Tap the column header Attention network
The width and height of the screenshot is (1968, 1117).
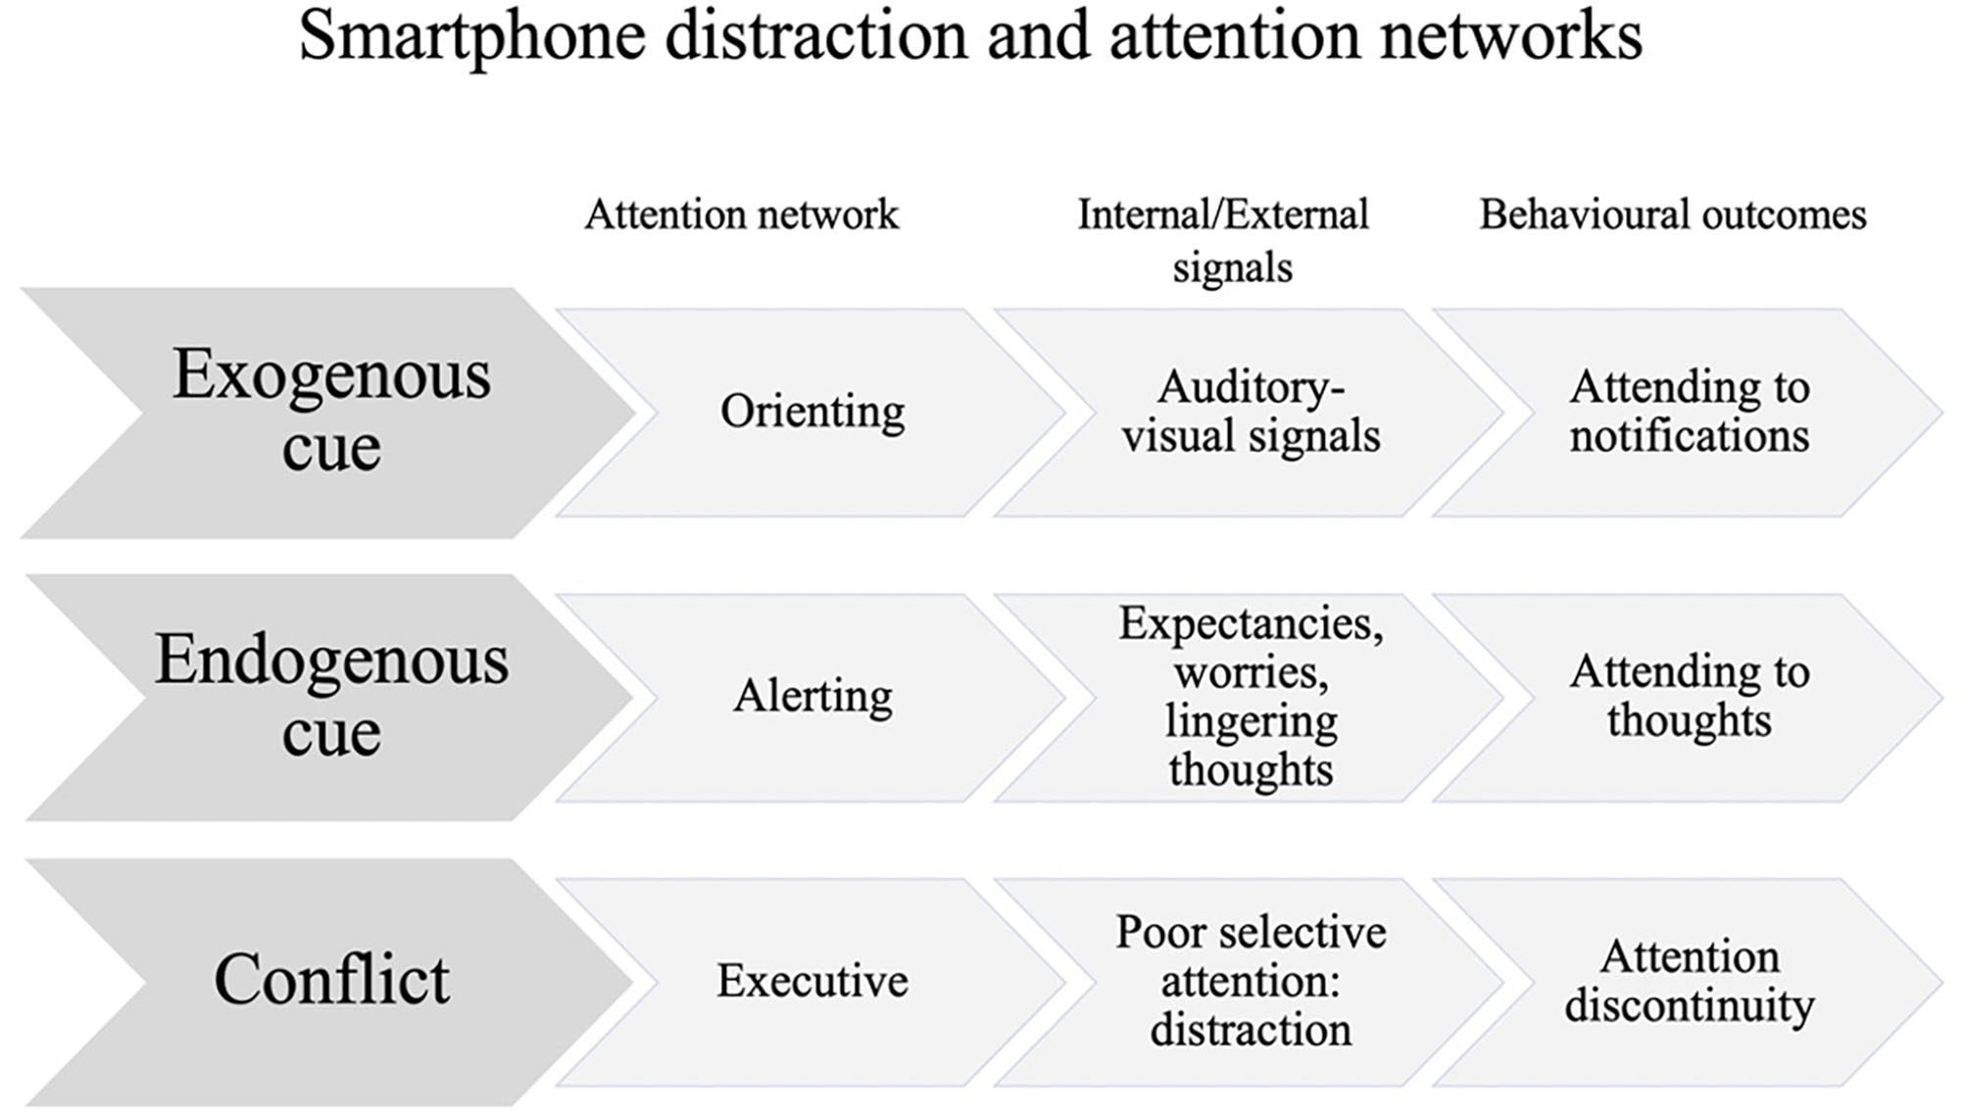tap(741, 215)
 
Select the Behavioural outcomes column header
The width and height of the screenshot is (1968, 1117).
tap(1672, 215)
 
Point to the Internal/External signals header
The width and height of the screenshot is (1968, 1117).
tap(1224, 240)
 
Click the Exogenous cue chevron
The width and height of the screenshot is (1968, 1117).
tap(330, 412)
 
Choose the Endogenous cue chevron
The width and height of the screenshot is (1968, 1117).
tap(330, 697)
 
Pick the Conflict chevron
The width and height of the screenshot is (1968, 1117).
tap(330, 980)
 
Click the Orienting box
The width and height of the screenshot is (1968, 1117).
tap(812, 412)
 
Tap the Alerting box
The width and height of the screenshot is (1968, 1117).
tap(812, 697)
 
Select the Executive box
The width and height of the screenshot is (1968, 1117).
tap(812, 981)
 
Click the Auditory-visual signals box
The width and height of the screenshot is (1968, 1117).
tap(1251, 412)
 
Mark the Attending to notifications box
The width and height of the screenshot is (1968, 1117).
tap(1689, 412)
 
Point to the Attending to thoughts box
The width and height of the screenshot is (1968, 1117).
tap(1689, 697)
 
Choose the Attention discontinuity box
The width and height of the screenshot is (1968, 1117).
tap(1689, 981)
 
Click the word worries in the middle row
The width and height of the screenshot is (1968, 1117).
tap(1251, 673)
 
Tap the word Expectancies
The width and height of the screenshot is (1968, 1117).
tap(1251, 624)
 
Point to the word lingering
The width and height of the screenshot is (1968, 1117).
tap(1251, 722)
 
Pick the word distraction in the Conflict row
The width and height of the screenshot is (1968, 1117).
tap(1251, 1030)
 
